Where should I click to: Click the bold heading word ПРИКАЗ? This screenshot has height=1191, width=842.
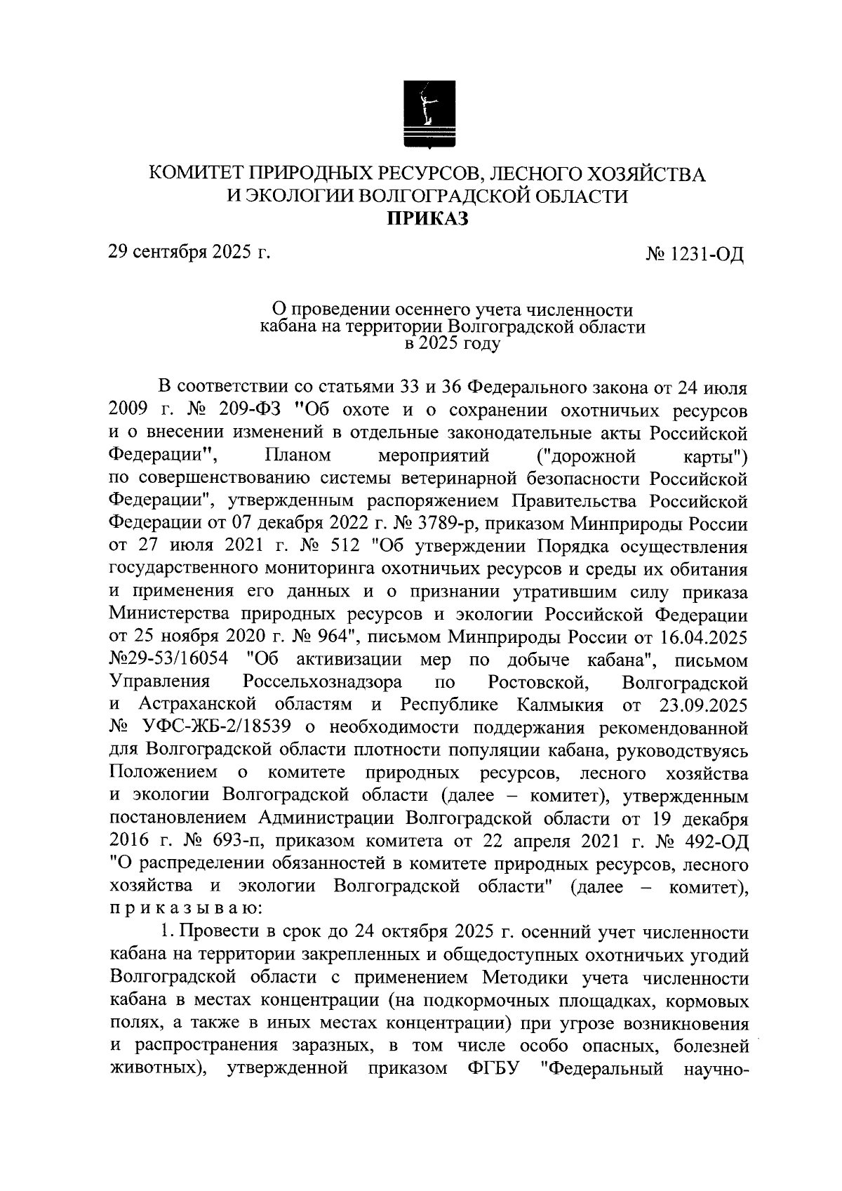click(x=428, y=220)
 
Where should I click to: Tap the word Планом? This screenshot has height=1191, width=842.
click(x=298, y=456)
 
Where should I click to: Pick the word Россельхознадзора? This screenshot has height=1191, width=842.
click(x=322, y=682)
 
